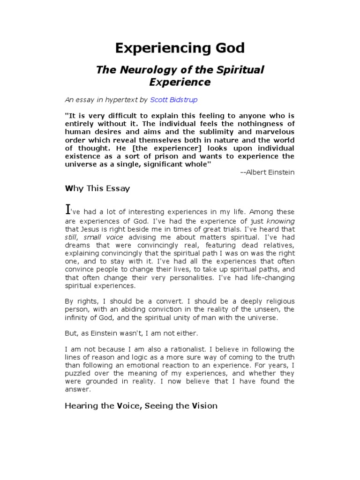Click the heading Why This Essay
[97, 188]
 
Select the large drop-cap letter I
[67, 210]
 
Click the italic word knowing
[280, 221]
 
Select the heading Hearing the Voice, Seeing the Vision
[141, 405]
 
